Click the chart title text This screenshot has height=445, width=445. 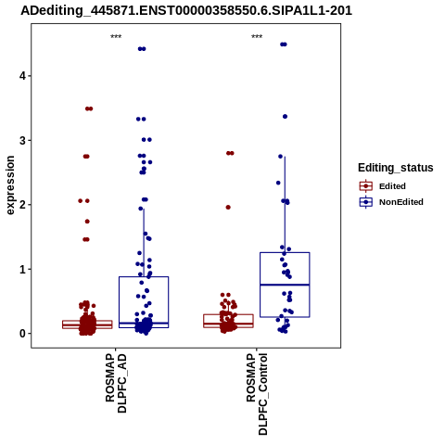[186, 11]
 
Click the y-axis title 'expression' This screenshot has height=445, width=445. [10, 185]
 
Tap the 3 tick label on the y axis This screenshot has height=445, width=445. [22, 140]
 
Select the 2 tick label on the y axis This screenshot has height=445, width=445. [22, 205]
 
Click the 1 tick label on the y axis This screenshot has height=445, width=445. [22, 269]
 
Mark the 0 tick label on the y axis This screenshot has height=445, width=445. [22, 334]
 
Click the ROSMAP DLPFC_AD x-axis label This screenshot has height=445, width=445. [116, 383]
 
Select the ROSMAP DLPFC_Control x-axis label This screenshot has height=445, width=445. [257, 394]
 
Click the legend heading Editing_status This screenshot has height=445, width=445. [396, 168]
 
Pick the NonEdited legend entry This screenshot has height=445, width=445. [391, 202]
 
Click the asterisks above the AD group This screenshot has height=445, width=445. [116, 37]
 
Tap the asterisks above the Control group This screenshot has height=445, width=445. [257, 37]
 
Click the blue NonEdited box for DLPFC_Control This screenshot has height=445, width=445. [261, 285]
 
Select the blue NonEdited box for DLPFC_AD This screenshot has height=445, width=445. [119, 302]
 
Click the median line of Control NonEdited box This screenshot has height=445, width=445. [285, 285]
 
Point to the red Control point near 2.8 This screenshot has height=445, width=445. [230, 153]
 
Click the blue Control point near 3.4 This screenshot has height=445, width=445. [285, 117]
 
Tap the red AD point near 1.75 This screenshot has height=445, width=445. [87, 222]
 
